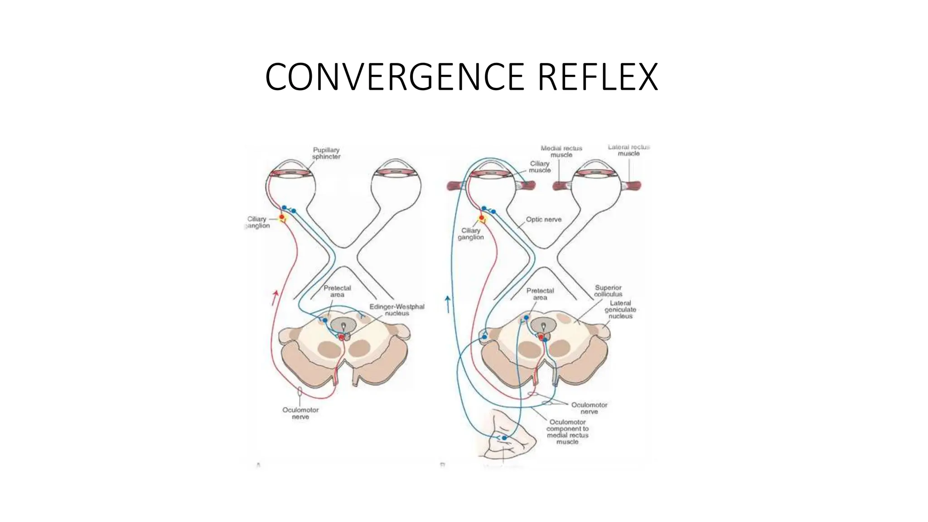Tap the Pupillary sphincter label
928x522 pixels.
[x=326, y=153]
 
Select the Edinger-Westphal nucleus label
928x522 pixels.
[x=397, y=310]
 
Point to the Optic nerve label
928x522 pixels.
[x=543, y=219]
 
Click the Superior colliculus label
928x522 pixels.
[x=608, y=291]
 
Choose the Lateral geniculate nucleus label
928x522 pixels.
[x=620, y=309]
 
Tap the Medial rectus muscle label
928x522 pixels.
[x=561, y=151]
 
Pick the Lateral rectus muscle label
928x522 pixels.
[x=628, y=150]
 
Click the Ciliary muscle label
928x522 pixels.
[x=540, y=167]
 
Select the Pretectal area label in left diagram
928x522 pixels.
[x=337, y=291]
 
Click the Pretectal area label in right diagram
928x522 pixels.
[x=540, y=294]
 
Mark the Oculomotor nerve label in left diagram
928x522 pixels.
[x=300, y=413]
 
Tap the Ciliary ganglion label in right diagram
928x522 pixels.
[x=471, y=234]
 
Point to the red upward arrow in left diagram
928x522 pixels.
[x=275, y=298]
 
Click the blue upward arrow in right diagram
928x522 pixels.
[x=448, y=304]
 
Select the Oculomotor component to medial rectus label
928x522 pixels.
[x=567, y=432]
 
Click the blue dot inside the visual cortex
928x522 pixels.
[x=504, y=438]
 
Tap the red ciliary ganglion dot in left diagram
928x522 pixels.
[x=282, y=218]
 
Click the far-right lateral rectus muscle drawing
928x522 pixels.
[x=633, y=185]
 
